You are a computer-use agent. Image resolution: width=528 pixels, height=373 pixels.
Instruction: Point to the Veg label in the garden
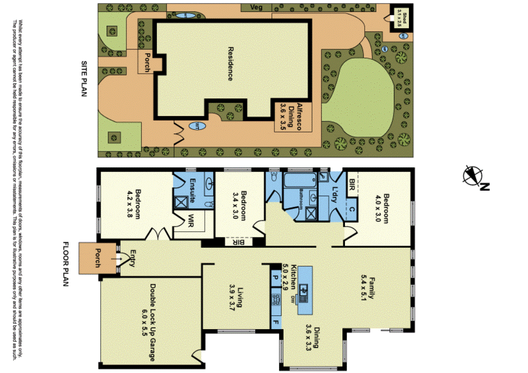[x=256, y=7]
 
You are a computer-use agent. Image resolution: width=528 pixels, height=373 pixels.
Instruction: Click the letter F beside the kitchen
[x=276, y=324]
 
